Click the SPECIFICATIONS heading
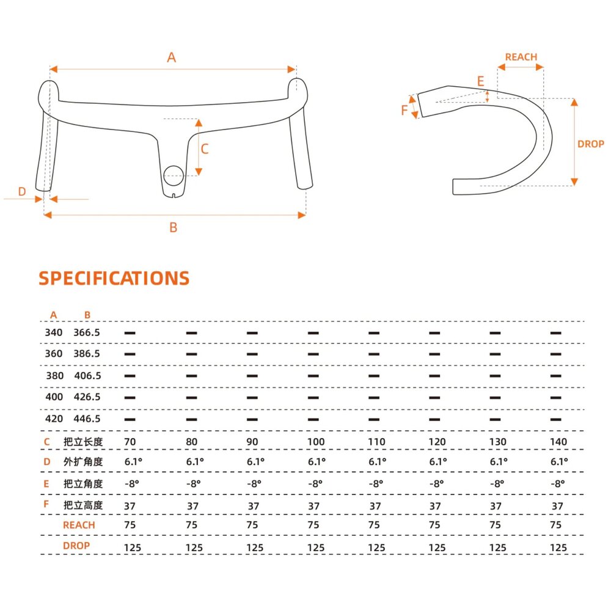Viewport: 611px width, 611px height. [x=114, y=278]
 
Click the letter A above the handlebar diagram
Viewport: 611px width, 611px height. [x=172, y=57]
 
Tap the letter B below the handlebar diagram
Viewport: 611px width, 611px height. [x=174, y=227]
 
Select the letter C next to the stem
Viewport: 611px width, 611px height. [x=205, y=148]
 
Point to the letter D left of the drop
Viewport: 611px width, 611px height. [x=22, y=191]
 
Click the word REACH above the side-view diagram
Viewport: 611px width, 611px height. [x=521, y=57]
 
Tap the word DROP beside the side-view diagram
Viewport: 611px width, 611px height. [x=591, y=144]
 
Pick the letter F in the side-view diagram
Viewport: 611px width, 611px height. [x=404, y=110]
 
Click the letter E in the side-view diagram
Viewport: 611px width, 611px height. [x=480, y=81]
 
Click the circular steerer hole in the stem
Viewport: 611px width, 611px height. [x=174, y=176]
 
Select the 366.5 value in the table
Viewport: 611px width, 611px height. [x=87, y=332]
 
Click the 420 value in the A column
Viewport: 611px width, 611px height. [x=54, y=419]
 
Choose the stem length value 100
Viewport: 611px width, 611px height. [x=316, y=442]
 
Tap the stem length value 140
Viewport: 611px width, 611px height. [x=558, y=442]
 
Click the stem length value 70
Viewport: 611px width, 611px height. [x=130, y=442]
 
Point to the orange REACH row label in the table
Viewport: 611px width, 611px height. [x=79, y=525]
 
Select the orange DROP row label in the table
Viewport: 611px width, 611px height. [x=76, y=546]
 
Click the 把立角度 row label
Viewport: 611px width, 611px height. [x=83, y=483]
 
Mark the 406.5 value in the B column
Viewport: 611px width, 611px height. [x=87, y=376]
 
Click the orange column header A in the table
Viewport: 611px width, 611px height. [x=54, y=315]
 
